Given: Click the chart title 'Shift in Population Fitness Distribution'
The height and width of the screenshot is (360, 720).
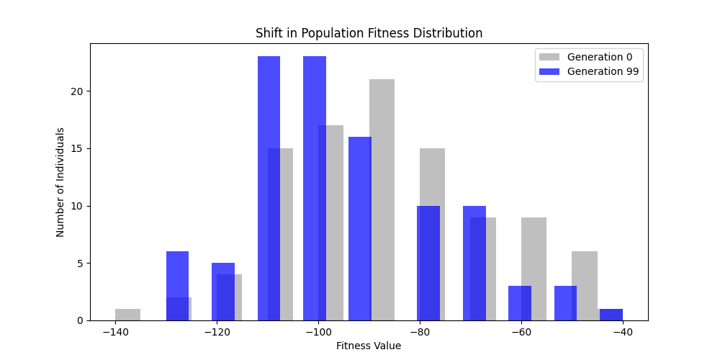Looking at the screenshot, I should point(369,33).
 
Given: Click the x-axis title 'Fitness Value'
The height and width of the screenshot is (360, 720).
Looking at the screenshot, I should point(369,346).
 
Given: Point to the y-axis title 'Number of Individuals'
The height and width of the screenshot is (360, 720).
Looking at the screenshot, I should point(60,182).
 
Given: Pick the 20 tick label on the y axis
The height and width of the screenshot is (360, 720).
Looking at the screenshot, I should point(76,91).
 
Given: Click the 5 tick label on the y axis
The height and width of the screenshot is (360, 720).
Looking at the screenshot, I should point(78,263).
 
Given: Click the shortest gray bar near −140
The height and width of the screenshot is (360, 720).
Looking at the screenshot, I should point(127,315).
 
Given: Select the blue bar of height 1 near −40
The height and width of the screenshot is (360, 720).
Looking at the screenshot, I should point(611,315).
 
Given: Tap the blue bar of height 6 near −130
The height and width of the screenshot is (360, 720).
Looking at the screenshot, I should point(177,286).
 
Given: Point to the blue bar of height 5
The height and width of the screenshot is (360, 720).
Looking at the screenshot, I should point(223,292).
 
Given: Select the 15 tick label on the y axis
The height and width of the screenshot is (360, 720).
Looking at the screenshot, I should point(76,148).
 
